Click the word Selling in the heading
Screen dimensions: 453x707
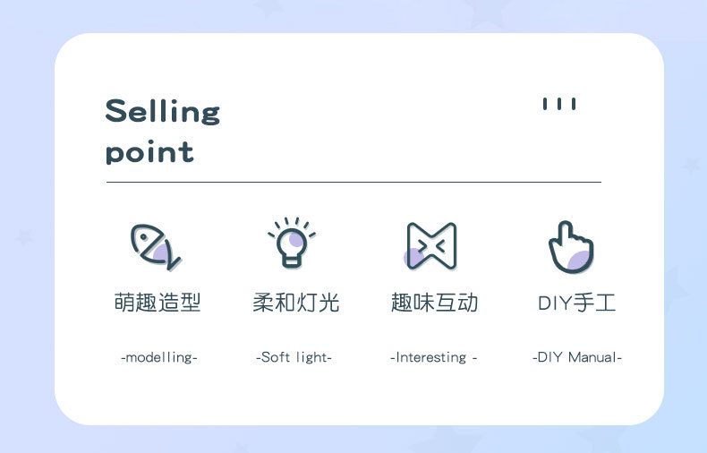tap(162, 112)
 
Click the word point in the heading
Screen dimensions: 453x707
tap(149, 151)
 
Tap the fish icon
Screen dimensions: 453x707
tap(155, 246)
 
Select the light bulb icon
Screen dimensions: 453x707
tap(291, 245)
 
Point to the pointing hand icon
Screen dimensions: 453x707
tap(571, 246)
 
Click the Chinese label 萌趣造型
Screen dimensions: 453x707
tap(158, 303)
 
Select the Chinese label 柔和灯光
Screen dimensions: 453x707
tap(296, 303)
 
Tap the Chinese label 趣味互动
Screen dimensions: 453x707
tap(434, 303)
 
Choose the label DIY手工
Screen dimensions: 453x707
tap(576, 303)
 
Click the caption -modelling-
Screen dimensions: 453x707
tap(158, 357)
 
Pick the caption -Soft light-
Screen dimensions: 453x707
tap(294, 357)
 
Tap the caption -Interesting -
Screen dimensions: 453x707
tap(433, 357)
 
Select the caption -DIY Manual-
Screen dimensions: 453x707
tap(576, 357)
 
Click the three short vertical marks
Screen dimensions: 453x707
tap(559, 104)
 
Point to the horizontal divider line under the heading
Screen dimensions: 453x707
tap(353, 182)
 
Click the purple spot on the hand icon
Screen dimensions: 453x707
tap(580, 259)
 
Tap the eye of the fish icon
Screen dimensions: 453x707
tap(144, 238)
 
